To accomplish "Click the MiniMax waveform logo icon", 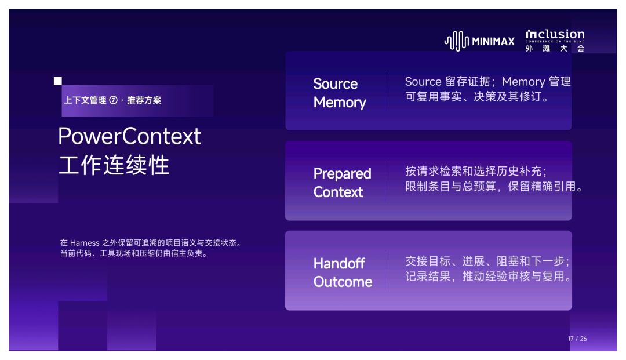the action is click(x=457, y=41).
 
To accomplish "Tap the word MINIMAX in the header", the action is click(x=493, y=42).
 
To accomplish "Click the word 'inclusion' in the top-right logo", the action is click(x=555, y=34).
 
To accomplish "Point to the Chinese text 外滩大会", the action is click(x=555, y=48).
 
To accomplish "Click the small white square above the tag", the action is click(x=58, y=81).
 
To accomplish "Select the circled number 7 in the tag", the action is click(x=114, y=100).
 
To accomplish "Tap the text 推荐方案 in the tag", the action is click(x=144, y=100).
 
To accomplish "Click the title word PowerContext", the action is click(x=129, y=136).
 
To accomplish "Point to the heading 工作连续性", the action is click(x=114, y=165).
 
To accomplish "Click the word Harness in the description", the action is click(x=85, y=243).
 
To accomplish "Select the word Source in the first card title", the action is click(x=336, y=84).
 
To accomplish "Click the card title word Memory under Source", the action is click(x=340, y=103).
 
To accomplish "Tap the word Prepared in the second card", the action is click(x=343, y=174).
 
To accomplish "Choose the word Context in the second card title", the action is click(x=338, y=192).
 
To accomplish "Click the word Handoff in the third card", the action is click(x=339, y=263).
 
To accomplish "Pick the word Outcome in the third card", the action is click(x=343, y=282).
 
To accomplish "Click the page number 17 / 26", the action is click(x=577, y=339).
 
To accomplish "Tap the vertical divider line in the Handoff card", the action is click(x=385, y=270).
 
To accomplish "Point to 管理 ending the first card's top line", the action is click(x=560, y=81).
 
